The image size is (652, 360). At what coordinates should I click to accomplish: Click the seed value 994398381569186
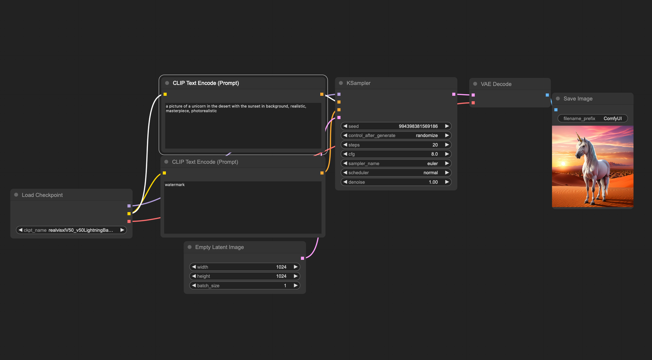[x=418, y=126]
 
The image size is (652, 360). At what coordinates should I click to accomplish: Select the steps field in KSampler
[x=396, y=145]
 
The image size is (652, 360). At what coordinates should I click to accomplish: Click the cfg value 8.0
[x=434, y=154]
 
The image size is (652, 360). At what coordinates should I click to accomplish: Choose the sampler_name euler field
[x=396, y=163]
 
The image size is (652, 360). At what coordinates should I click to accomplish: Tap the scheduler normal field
[x=396, y=173]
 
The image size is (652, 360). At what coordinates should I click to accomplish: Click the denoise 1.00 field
[x=396, y=182]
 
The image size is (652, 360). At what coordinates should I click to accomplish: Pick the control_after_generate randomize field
[x=396, y=136]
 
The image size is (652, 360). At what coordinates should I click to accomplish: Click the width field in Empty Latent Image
[x=244, y=267]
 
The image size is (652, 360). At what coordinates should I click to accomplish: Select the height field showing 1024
[x=244, y=276]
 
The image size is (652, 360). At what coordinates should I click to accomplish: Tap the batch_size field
[x=244, y=285]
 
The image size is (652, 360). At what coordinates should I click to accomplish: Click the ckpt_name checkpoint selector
[x=71, y=230]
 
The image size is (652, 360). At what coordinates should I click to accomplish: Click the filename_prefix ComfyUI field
[x=593, y=119]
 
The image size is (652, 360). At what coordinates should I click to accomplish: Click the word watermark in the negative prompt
[x=175, y=184]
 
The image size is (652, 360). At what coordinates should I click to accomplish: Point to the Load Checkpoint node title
[x=42, y=195]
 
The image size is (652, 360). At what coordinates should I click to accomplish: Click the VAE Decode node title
[x=496, y=84]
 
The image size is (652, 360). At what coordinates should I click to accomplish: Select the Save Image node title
[x=578, y=99]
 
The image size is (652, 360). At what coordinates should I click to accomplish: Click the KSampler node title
[x=358, y=83]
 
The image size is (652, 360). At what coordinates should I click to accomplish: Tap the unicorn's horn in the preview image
[x=578, y=136]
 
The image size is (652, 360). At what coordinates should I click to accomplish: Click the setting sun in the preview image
[x=564, y=164]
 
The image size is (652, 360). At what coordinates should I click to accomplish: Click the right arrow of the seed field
[x=447, y=126]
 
